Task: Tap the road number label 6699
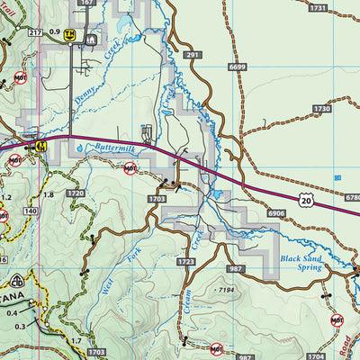coord(237,66)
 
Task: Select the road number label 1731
coord(317,7)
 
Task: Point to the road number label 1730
coord(322,108)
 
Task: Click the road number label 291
coord(193,55)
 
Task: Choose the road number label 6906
coord(275,213)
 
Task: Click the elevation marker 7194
coord(230,291)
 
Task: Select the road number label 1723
coord(186,262)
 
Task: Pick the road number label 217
coord(34,33)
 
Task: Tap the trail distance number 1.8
coord(49,194)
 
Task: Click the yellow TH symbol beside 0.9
coord(69,33)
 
